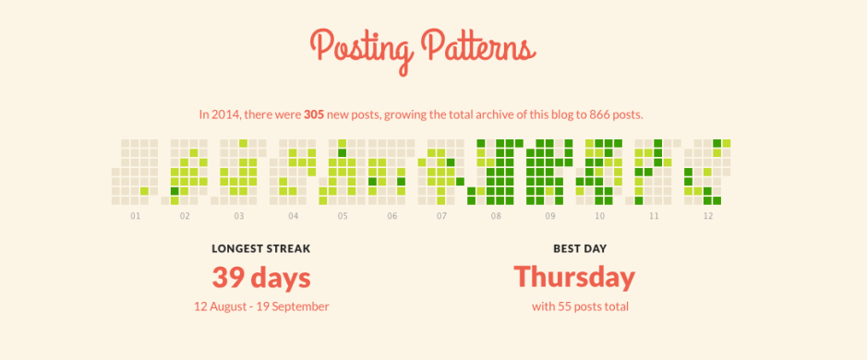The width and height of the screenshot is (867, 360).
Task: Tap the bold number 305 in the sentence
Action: click(315, 114)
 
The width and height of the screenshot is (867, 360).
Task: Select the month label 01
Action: click(135, 216)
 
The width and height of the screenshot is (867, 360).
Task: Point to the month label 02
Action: click(185, 216)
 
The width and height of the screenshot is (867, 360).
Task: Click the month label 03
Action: click(239, 216)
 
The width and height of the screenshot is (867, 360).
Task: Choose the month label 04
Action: click(293, 216)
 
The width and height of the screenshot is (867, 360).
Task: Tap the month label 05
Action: click(343, 216)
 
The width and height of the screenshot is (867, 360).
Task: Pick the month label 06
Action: click(392, 216)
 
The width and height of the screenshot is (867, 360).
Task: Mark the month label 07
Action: click(442, 216)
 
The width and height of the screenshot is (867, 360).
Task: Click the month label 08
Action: click(496, 216)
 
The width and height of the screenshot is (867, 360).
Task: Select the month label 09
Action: click(550, 216)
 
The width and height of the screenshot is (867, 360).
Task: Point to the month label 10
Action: click(600, 216)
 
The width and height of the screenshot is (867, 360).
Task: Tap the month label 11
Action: click(654, 216)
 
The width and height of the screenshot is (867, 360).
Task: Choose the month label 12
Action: click(708, 216)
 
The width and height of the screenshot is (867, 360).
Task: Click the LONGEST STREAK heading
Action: click(261, 247)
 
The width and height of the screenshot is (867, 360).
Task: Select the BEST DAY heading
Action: click(574, 247)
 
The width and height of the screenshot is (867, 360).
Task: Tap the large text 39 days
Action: click(261, 277)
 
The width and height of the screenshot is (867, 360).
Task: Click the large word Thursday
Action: click(574, 277)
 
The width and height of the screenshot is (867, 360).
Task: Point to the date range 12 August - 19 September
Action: click(261, 306)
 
